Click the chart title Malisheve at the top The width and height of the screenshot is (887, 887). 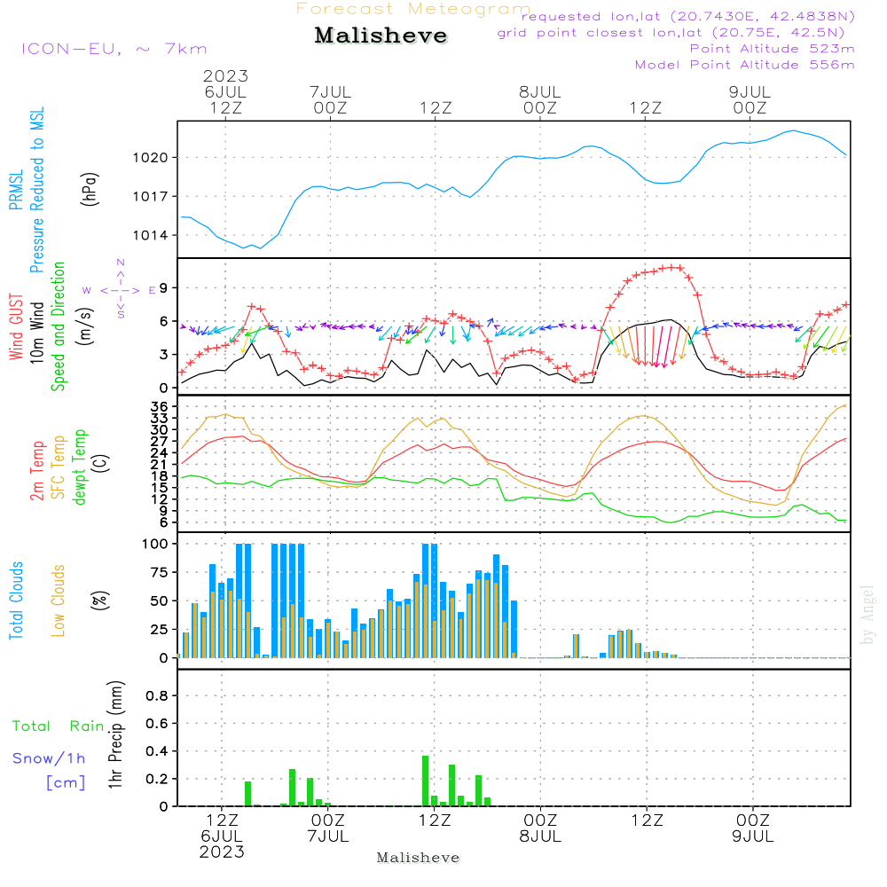tap(381, 36)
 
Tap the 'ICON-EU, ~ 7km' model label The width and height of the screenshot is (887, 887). tap(114, 49)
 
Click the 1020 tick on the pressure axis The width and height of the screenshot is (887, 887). tap(152, 158)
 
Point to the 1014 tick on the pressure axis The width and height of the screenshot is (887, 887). tap(152, 235)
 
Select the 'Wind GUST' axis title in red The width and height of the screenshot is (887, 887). tap(17, 328)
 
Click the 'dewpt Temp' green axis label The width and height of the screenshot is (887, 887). tap(81, 467)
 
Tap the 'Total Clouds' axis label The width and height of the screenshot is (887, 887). tap(17, 600)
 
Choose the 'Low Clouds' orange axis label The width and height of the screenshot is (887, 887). tap(59, 600)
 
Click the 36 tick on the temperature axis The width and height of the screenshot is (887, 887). tap(160, 406)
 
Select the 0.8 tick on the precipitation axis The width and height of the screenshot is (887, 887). tap(157, 696)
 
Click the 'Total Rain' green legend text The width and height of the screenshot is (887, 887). tap(58, 726)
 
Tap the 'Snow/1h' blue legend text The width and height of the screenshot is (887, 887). tap(49, 758)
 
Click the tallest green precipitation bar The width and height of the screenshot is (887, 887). tap(425, 781)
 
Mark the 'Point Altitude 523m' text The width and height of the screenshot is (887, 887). tap(772, 49)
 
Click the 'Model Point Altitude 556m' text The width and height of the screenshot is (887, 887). tap(745, 65)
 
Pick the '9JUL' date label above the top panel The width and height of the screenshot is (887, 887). tap(750, 92)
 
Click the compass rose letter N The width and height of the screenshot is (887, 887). tap(120, 263)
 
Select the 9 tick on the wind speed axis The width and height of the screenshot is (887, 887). tap(163, 287)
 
